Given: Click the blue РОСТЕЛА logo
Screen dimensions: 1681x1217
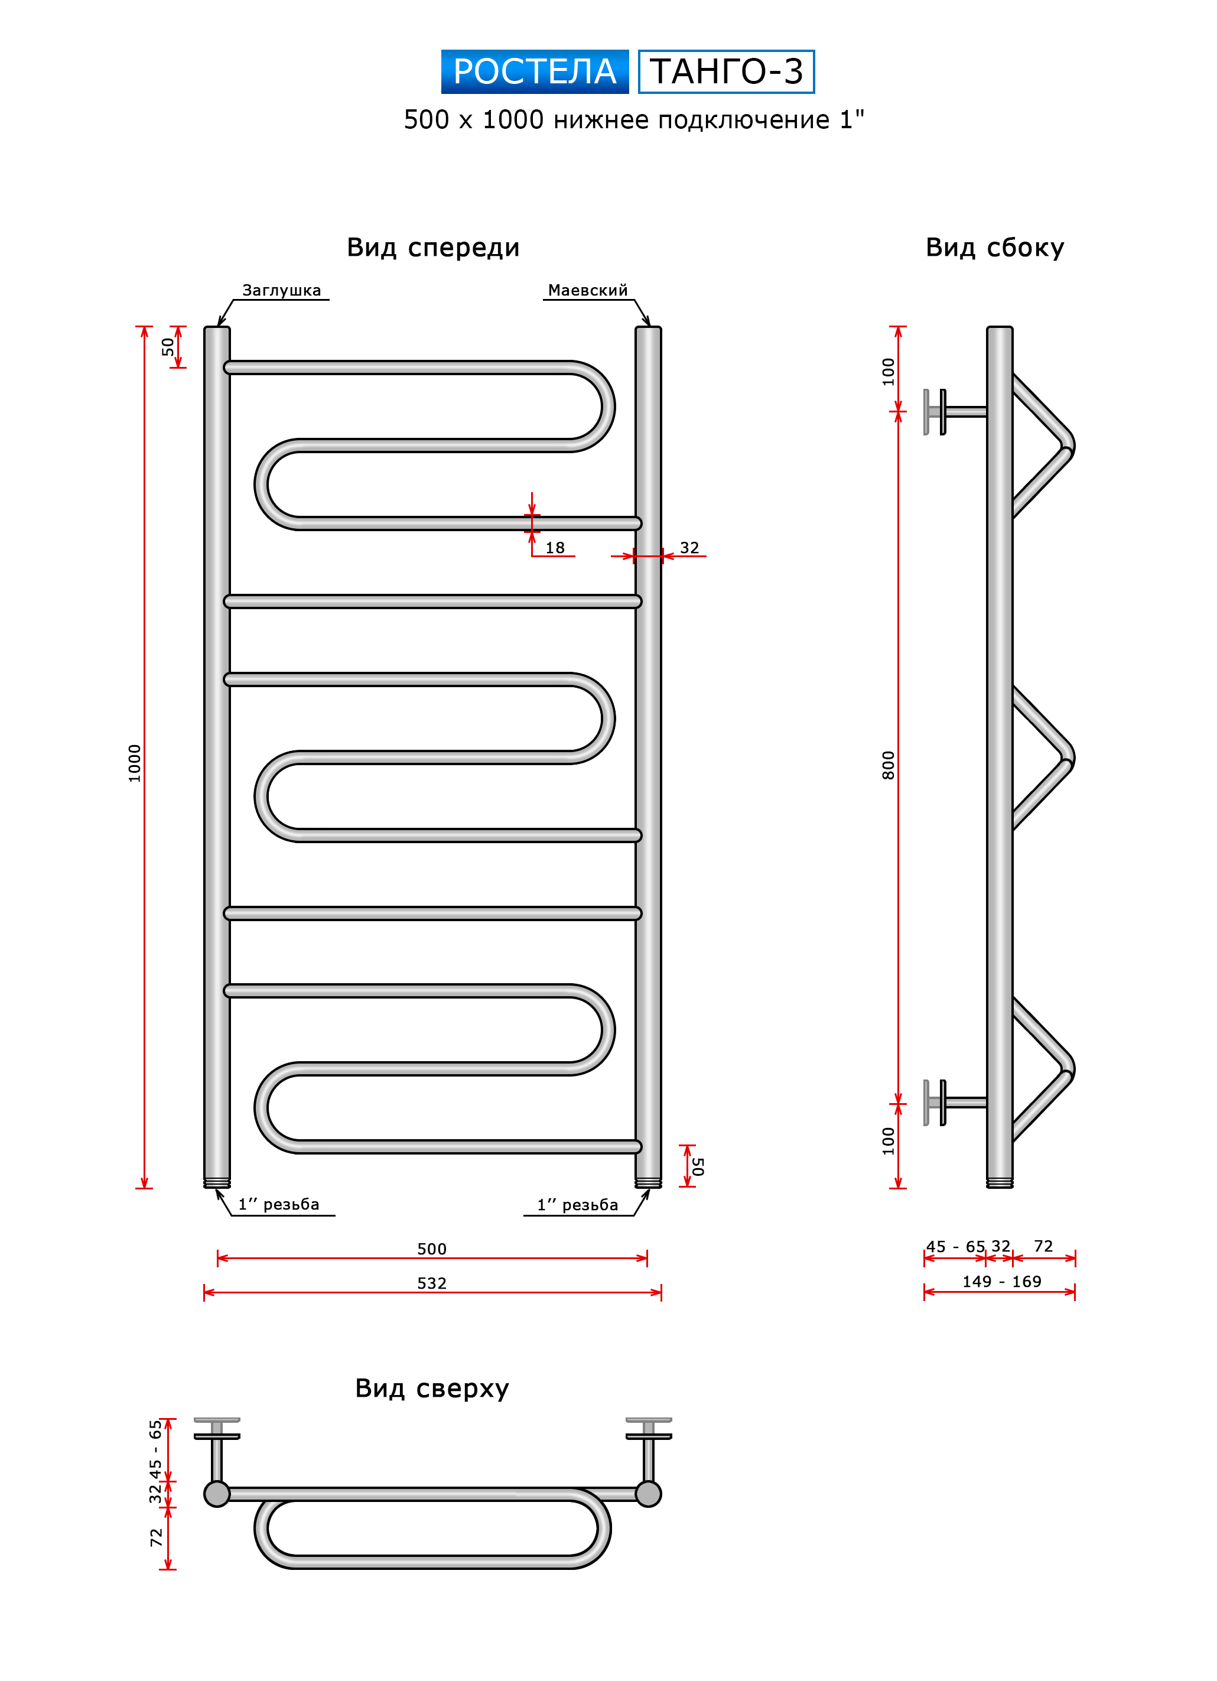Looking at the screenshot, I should tap(535, 72).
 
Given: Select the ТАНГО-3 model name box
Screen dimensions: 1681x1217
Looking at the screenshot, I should tap(726, 72).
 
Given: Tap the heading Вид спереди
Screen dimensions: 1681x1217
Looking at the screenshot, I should tap(433, 248).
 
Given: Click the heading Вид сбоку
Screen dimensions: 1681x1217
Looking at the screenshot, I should tap(995, 248).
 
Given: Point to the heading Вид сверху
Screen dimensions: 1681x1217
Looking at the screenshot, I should tap(432, 1389).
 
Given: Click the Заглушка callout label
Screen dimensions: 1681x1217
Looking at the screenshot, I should tap(282, 291).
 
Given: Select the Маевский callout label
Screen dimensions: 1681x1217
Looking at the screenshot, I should tap(588, 291).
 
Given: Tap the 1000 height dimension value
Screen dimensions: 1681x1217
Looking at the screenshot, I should tap(134, 763).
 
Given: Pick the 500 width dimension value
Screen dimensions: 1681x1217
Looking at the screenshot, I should tap(432, 1249).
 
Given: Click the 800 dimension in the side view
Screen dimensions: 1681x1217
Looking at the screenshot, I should tap(888, 765).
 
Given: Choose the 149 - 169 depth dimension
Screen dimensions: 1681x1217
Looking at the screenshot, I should tap(1001, 1282).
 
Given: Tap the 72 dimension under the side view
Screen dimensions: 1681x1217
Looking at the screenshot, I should tap(1043, 1247).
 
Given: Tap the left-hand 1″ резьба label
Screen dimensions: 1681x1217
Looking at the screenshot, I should tap(279, 1204).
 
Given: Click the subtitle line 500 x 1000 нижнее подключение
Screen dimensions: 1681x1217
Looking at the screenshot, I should tap(634, 120).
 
